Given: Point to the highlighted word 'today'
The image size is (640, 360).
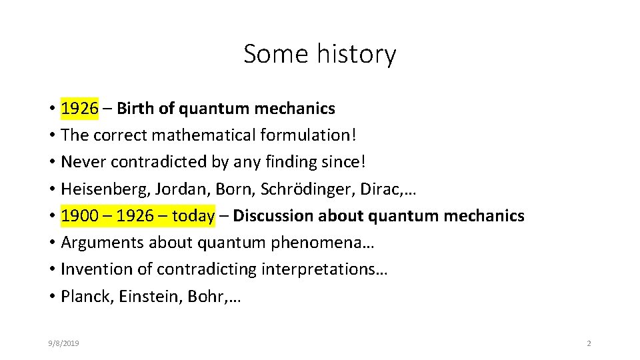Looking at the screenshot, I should pyautogui.click(x=193, y=216).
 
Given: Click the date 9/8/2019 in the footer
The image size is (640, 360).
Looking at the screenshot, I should pyautogui.click(x=63, y=343).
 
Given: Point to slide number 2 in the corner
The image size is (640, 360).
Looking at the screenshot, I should pyautogui.click(x=589, y=343).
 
